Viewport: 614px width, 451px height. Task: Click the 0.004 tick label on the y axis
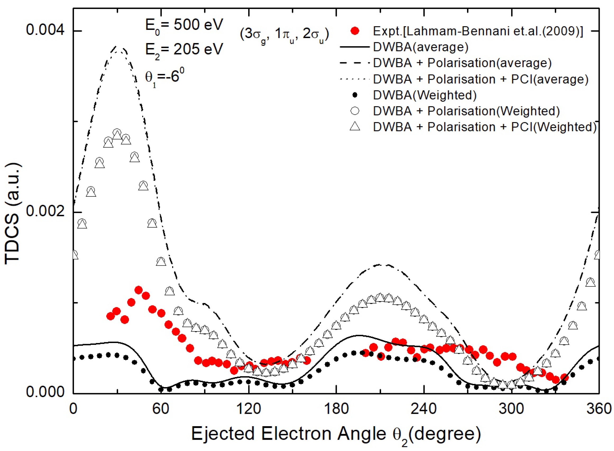45,30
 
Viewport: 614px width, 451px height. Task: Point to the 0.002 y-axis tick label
45,212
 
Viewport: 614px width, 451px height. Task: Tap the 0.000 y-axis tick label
45,392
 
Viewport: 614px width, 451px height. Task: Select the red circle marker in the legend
355,31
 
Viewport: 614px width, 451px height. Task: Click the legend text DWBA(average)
421,47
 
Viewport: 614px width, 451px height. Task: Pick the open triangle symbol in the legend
355,127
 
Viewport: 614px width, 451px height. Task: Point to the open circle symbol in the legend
355,111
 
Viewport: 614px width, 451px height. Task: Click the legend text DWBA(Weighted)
425,95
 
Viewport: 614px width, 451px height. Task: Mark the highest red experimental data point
138,290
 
